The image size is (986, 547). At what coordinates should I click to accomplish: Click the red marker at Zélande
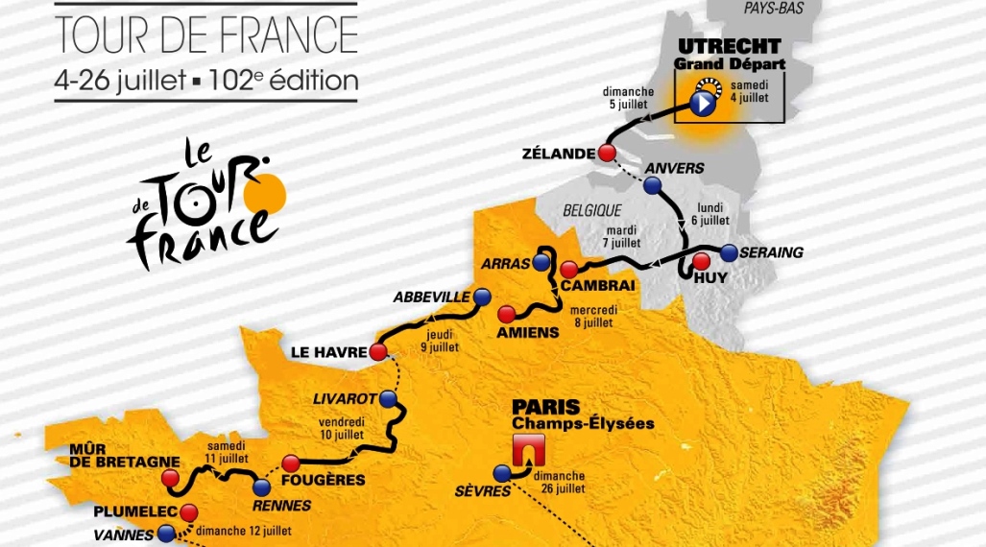[x=606, y=153]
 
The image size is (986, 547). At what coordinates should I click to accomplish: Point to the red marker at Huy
[x=701, y=261]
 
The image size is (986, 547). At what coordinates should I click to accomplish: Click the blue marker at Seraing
[x=729, y=253]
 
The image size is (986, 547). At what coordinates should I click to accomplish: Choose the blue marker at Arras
[x=542, y=262]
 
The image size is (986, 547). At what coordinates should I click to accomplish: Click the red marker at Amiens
[x=505, y=313]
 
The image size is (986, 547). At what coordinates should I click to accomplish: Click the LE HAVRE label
[x=328, y=352]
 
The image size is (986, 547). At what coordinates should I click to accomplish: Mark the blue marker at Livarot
[x=388, y=398]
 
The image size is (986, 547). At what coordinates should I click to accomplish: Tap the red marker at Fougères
[x=291, y=464]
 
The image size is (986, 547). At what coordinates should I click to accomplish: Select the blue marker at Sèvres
[x=501, y=472]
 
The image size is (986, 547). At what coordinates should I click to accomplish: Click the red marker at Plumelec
[x=189, y=511]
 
